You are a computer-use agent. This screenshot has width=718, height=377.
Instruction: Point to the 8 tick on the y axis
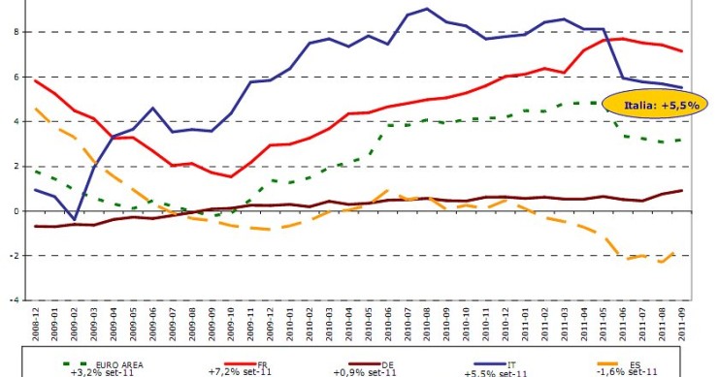coord(15,32)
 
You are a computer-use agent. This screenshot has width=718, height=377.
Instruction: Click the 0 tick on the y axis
coord(15,211)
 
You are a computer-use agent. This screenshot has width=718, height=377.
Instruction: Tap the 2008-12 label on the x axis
coord(35,323)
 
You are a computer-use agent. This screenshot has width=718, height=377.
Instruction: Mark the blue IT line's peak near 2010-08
coord(428,9)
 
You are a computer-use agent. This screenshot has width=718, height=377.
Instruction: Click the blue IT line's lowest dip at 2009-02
coord(74,219)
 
